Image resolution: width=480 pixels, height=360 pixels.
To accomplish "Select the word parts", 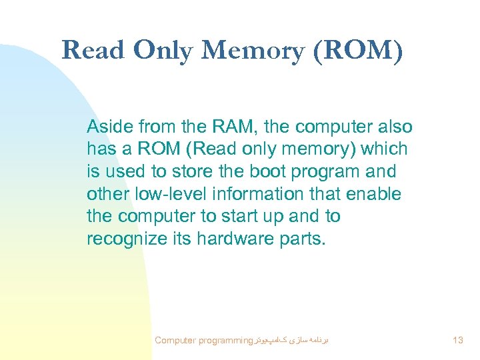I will coord(304,239).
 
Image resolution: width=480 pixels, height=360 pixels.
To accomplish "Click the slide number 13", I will coord(457,341).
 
